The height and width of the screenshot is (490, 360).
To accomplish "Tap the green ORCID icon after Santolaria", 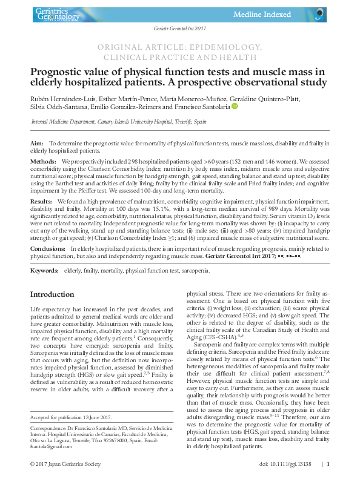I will pos(235,107).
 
